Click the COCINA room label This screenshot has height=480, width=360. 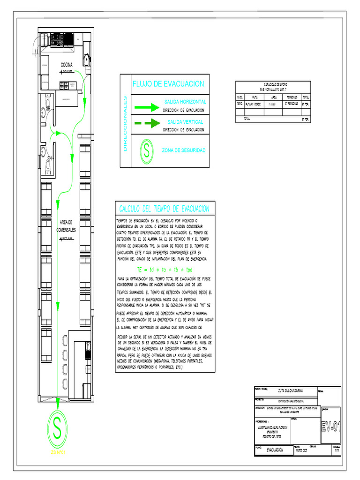click(66, 65)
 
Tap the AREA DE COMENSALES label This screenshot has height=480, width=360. click(66, 226)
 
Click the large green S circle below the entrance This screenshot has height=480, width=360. click(57, 429)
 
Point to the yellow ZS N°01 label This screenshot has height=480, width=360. click(57, 453)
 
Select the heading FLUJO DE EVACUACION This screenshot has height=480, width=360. click(168, 84)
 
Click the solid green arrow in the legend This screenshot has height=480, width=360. click(147, 107)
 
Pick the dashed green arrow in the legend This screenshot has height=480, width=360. click(147, 124)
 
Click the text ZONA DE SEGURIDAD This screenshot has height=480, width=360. click(183, 150)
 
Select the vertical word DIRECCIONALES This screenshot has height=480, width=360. click(125, 124)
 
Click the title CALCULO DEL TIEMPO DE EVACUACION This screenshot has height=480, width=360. click(164, 209)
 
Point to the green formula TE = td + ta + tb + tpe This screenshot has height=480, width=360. click(165, 270)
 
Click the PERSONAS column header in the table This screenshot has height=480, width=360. click(292, 97)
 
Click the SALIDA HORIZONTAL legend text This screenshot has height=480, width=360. click(185, 102)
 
